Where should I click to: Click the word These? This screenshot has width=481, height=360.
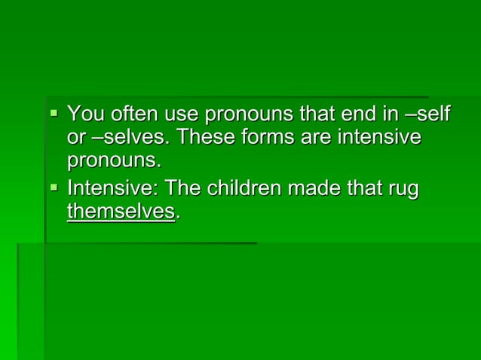[x=205, y=139]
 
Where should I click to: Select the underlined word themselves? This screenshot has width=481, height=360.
[x=121, y=212]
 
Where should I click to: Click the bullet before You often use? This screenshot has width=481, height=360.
[x=54, y=114]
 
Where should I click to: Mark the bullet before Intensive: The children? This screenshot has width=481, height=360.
[x=54, y=188]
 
